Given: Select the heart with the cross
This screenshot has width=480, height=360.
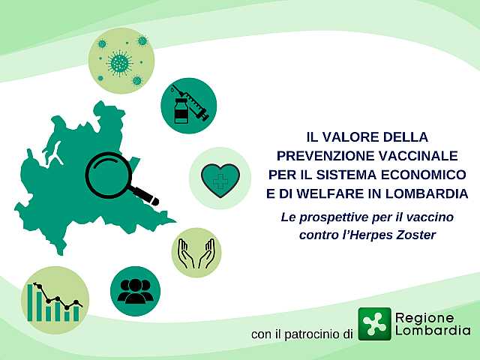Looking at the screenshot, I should point(219,178).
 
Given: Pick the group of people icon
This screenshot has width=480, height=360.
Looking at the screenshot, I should point(135,291).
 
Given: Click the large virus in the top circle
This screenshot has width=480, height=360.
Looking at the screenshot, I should point(118,62).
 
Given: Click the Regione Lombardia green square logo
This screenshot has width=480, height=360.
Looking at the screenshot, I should point(375,324).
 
